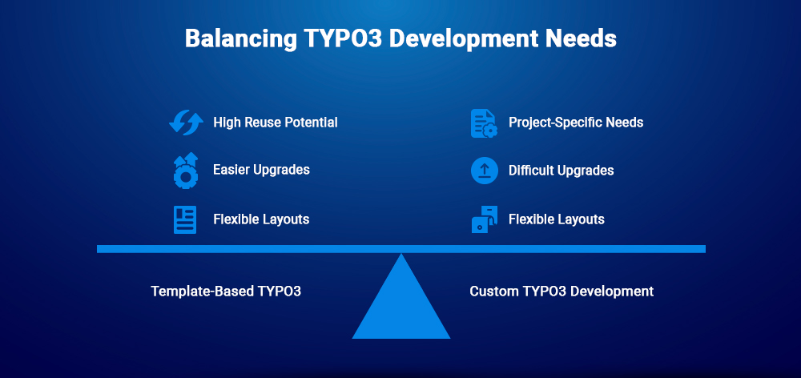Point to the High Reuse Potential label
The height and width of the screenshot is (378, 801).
(x=275, y=123)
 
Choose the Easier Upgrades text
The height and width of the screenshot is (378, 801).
(x=261, y=170)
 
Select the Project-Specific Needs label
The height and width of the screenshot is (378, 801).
(x=576, y=123)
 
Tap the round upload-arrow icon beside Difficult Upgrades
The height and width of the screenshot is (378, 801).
(x=484, y=171)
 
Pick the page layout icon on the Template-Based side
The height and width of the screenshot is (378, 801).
(x=185, y=219)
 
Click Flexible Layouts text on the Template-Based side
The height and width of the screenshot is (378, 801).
(x=261, y=219)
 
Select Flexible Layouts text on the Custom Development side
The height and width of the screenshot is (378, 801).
(x=556, y=219)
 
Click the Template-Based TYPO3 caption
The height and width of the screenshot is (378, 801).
(x=226, y=292)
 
